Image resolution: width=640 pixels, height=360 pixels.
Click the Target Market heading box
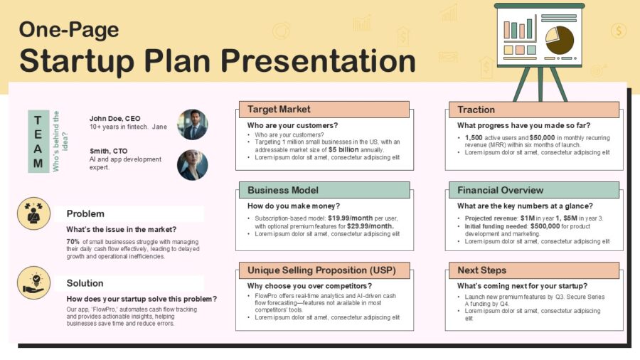coord(322,110)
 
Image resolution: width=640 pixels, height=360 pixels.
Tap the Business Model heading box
coord(322,190)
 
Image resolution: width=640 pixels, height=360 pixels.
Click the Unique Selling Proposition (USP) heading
coord(322,270)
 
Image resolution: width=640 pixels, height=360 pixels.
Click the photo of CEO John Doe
coord(192,125)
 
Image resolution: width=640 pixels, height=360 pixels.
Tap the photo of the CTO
coord(192,165)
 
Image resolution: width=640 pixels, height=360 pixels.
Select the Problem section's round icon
coord(33,213)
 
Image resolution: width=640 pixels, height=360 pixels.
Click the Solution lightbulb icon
coord(33,282)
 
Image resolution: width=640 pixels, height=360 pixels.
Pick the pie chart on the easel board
coord(560,41)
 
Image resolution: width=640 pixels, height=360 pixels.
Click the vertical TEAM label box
coord(38,141)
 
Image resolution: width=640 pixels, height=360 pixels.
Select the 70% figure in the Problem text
coord(73,242)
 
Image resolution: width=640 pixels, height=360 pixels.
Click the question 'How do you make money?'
coord(294,206)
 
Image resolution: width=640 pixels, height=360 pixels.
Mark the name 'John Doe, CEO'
coord(114,118)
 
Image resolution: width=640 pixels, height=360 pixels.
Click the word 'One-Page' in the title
coord(69,29)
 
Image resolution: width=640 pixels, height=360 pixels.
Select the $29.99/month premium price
coord(370,226)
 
